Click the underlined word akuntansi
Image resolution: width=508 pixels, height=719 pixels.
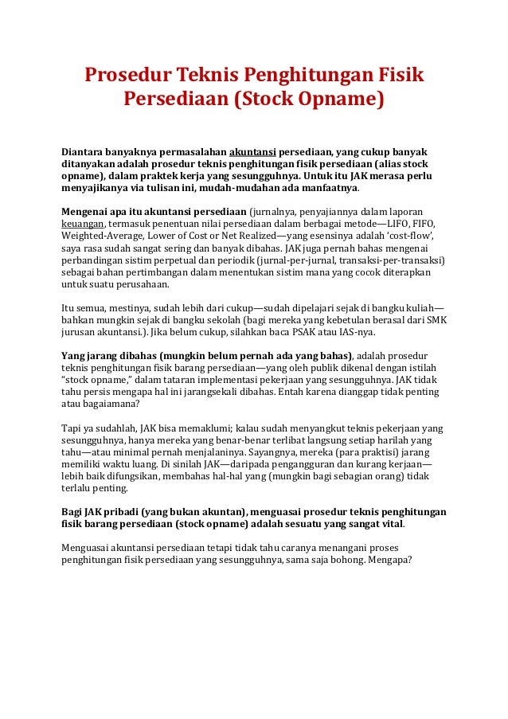252,151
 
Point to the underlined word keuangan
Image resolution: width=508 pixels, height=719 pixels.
83,225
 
